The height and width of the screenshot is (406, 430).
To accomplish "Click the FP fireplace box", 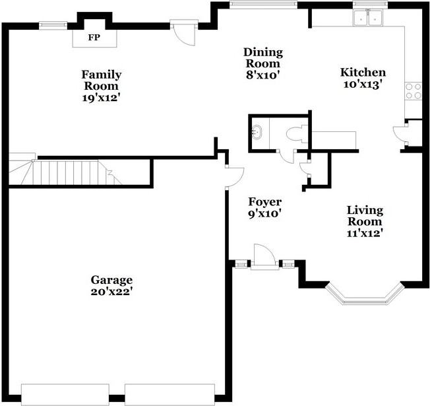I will [94, 38].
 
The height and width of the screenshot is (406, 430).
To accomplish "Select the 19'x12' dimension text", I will [101, 97].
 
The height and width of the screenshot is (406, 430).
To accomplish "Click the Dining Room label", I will [262, 58].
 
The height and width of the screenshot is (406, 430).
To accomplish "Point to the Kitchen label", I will [363, 72].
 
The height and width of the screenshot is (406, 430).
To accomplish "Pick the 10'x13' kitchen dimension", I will [363, 84].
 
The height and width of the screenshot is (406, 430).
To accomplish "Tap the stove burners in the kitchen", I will [414, 91].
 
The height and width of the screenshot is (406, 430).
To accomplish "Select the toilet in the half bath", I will [296, 134].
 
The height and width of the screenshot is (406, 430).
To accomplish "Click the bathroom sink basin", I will [258, 132].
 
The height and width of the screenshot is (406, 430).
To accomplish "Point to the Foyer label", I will [264, 202].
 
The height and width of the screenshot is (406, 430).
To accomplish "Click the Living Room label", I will [365, 215].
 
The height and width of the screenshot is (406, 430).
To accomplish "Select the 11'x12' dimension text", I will [365, 232].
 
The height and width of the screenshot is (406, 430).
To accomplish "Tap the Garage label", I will [111, 279].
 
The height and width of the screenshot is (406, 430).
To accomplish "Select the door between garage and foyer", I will [234, 176].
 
